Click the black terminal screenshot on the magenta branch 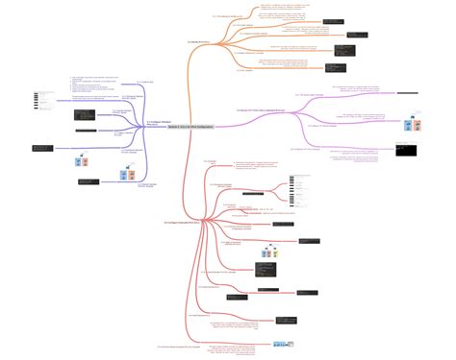point(405,150)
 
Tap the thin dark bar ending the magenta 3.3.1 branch point(408,94)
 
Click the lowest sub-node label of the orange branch point(244,69)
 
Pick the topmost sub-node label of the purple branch point(146,82)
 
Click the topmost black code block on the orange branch point(332,20)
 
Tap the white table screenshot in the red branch point(302,193)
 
